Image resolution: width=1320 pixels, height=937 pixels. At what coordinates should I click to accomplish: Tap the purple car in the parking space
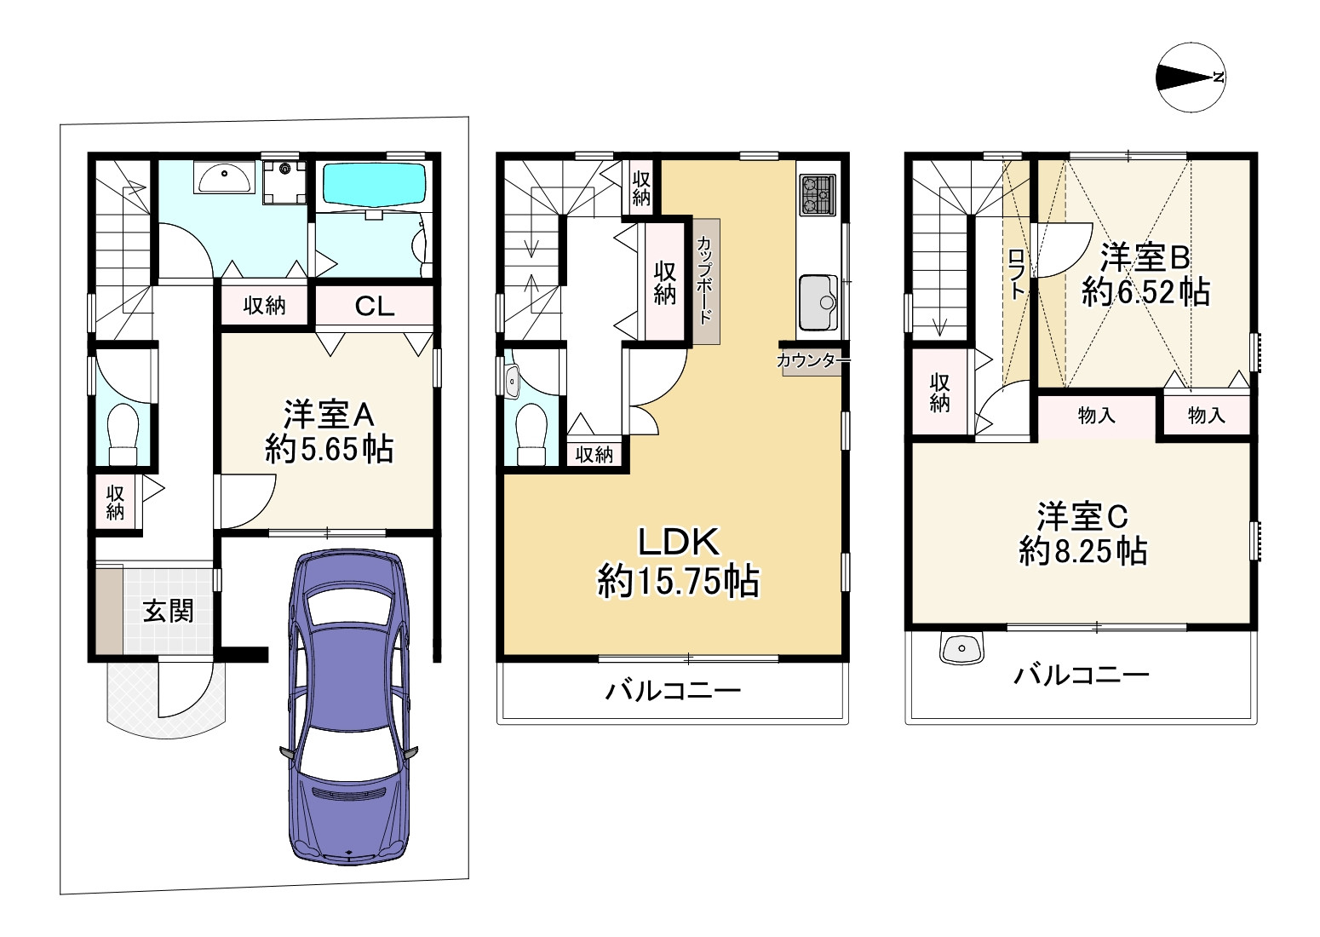click(x=349, y=707)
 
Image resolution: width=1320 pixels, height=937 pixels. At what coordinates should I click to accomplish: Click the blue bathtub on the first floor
click(x=374, y=185)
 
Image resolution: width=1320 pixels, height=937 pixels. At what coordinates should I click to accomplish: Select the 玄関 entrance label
click(x=169, y=611)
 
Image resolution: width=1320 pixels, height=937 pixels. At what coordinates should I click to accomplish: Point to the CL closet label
click(x=374, y=306)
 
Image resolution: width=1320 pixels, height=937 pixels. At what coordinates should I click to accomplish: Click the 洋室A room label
click(x=329, y=414)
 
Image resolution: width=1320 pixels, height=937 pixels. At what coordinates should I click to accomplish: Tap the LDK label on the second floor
click(x=678, y=542)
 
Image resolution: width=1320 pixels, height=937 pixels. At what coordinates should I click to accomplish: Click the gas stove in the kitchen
click(x=818, y=194)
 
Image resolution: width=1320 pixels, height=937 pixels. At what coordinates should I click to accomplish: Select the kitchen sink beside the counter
click(x=818, y=302)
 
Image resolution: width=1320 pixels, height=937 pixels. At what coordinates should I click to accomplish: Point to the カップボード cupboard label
click(x=705, y=280)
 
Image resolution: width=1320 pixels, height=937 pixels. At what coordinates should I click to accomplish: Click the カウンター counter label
click(x=812, y=359)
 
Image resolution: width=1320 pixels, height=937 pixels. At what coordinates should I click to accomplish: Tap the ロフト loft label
click(x=1016, y=274)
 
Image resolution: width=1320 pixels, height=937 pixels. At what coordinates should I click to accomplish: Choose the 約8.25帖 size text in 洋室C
click(x=1082, y=551)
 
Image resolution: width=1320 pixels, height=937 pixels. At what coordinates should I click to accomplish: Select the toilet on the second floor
click(x=531, y=434)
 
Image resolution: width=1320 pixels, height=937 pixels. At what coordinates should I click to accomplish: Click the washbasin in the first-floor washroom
click(x=223, y=177)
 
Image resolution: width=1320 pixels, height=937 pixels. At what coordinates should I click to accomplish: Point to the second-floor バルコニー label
click(x=674, y=690)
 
